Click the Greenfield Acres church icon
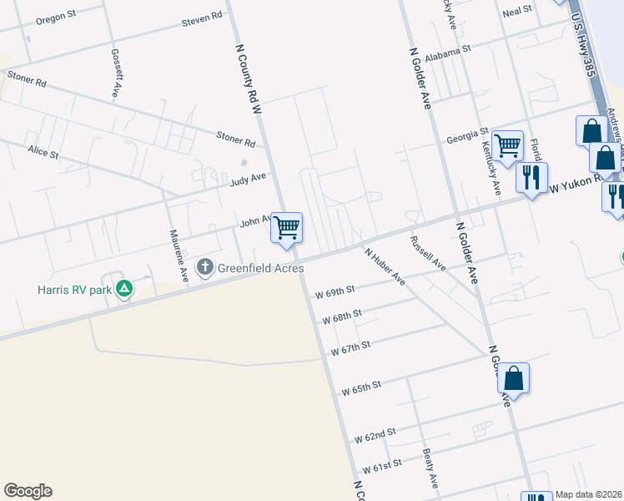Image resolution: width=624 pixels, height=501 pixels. point(205,268)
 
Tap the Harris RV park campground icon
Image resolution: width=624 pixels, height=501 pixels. point(124,290)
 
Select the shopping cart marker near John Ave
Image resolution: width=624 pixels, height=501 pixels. point(286,227)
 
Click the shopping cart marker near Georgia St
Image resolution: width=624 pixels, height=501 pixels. point(507,146)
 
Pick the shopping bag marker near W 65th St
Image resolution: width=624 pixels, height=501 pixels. point(513,378)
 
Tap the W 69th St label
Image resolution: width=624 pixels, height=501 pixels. point(335,290)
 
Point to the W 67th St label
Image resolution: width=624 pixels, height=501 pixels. point(350,347)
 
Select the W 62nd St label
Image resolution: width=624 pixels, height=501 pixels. point(374,436)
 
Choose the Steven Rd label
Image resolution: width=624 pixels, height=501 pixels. point(202,18)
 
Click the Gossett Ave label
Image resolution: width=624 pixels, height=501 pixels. point(117,73)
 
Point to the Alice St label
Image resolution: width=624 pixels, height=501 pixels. point(43,153)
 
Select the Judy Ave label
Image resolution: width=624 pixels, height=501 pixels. point(248,178)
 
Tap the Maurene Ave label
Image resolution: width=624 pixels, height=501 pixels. point(178,255)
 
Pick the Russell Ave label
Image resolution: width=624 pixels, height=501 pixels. point(427,253)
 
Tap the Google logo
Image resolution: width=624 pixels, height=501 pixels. point(28,491)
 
